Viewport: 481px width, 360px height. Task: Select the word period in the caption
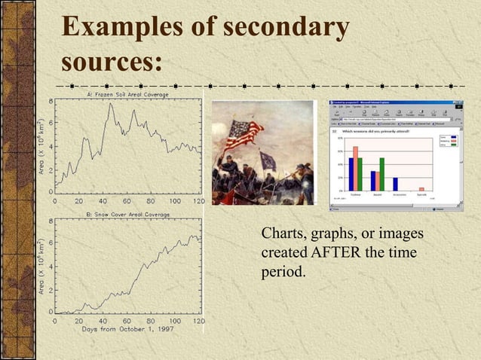[x=283, y=270]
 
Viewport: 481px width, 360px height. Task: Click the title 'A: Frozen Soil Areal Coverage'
[x=127, y=95]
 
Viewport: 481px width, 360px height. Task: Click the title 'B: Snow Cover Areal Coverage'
[x=127, y=215]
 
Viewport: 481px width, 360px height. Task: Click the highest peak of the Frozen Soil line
[x=111, y=104]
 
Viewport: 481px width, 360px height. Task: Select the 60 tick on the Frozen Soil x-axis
[x=127, y=201]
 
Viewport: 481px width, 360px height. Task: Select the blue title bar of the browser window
[x=392, y=102]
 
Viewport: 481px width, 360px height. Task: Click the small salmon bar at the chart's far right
[x=421, y=188]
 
